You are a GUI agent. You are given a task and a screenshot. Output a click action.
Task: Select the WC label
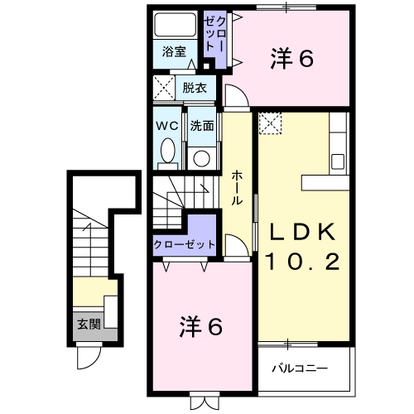pos(167,127)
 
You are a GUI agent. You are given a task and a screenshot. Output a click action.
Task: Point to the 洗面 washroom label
pos(202,127)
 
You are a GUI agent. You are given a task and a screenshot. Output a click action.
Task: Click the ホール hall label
pos(238,187)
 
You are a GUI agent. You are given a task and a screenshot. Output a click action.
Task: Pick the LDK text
pos(301,231)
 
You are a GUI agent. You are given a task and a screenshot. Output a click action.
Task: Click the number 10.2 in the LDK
pos(301,263)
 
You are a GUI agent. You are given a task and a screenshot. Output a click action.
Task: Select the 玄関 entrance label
pos(88,324)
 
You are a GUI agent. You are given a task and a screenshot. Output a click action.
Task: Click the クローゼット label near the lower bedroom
pos(185,244)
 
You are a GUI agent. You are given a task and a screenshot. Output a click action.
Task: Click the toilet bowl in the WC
pos(168,152)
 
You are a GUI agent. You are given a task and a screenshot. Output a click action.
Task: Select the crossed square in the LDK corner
pos(271,123)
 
